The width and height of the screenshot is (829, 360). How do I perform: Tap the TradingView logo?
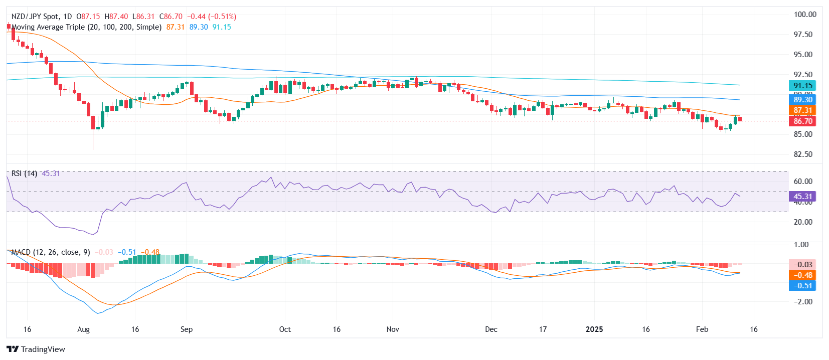pos(36,349)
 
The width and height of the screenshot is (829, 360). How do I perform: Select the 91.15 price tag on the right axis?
pos(802,86)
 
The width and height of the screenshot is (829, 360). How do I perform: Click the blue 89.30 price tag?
pos(802,100)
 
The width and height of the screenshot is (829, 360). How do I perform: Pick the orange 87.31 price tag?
pos(802,110)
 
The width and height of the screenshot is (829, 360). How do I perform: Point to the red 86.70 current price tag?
pos(802,121)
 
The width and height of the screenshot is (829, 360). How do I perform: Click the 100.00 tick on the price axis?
pos(805,15)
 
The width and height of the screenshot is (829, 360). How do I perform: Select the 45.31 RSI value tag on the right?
pos(802,197)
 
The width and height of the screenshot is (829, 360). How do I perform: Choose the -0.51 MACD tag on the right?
pos(802,286)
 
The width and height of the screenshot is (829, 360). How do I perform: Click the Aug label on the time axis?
pos(84,329)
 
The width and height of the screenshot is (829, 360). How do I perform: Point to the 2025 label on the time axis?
pos(594,329)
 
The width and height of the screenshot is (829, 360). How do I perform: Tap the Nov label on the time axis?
pos(393,329)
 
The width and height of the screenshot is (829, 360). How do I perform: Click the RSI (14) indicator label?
pos(24,173)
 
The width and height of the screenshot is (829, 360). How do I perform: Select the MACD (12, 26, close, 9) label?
pos(51,252)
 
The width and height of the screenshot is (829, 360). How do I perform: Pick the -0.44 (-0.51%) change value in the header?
pos(212,17)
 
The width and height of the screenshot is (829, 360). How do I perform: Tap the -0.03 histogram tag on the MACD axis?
pos(802,265)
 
